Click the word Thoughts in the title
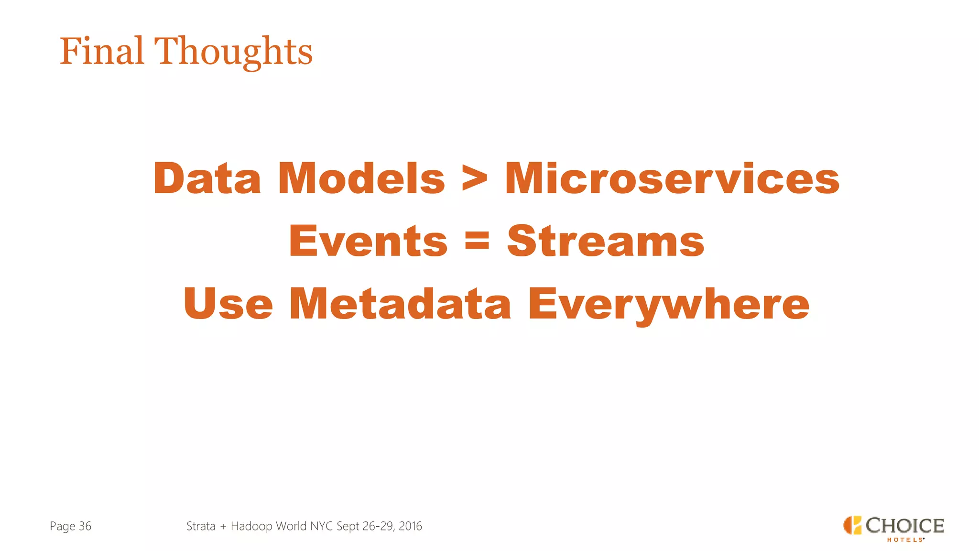[233, 52]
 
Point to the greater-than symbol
[475, 179]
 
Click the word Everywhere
[668, 304]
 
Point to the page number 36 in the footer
[85, 526]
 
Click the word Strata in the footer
[201, 526]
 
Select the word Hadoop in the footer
[251, 526]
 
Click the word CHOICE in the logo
[904, 525]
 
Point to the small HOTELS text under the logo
[905, 540]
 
